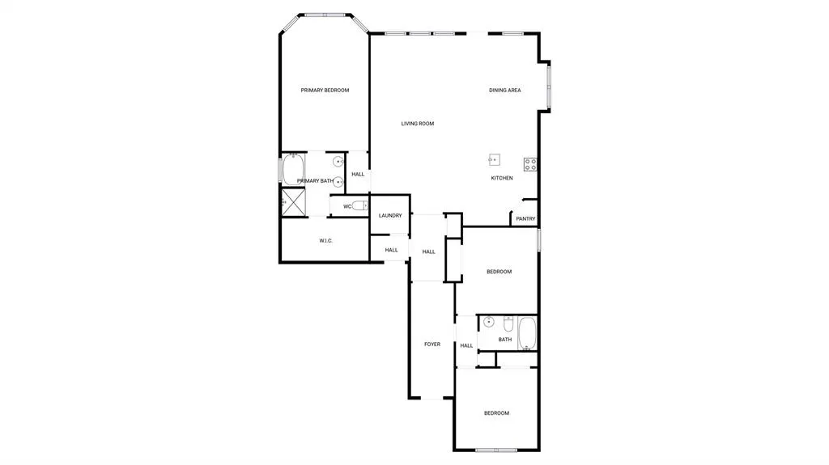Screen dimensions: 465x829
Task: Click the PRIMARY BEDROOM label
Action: click(325, 91)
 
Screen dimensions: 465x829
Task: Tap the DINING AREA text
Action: click(504, 91)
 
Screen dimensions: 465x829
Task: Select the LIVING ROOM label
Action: click(418, 124)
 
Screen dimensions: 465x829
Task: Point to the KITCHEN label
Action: click(502, 178)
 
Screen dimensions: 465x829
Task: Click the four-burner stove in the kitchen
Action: click(530, 164)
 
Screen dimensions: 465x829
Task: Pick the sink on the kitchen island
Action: click(495, 159)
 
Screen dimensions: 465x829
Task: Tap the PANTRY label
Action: click(525, 218)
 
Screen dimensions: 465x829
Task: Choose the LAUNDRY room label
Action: click(390, 215)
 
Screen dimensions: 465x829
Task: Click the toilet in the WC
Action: click(359, 205)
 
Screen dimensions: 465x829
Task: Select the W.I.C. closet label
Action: click(326, 241)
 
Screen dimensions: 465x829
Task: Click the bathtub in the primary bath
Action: click(292, 170)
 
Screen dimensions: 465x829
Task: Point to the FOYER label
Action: click(432, 345)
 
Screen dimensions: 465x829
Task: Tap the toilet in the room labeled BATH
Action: click(508, 323)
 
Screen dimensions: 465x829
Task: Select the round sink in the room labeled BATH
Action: click(488, 323)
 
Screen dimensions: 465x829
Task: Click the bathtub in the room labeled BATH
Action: click(527, 333)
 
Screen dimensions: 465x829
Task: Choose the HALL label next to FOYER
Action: click(466, 346)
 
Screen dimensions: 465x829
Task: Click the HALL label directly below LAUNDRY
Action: click(391, 250)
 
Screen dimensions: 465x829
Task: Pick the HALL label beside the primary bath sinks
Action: click(358, 174)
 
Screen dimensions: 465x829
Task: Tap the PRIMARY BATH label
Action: click(315, 181)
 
